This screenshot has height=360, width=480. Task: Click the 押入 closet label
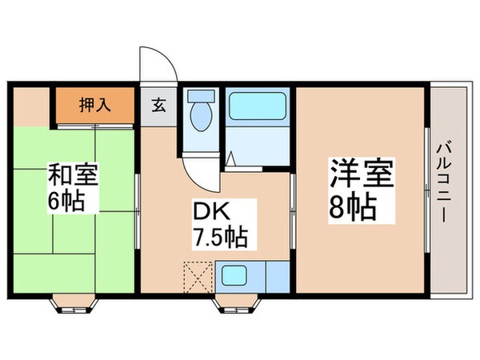pyautogui.click(x=94, y=103)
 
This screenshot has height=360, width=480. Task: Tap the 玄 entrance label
pyautogui.click(x=160, y=105)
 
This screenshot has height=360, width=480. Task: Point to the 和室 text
pyautogui.click(x=74, y=174)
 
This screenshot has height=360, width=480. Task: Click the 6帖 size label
pyautogui.click(x=74, y=200)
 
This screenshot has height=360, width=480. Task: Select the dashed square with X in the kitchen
pyautogui.click(x=196, y=276)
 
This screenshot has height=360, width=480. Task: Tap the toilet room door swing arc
pyautogui.click(x=194, y=169)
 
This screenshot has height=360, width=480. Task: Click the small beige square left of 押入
pyautogui.click(x=32, y=103)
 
